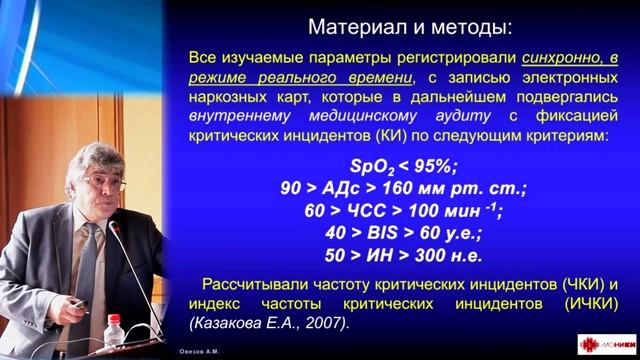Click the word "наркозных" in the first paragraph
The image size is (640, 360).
click(x=225, y=97)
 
